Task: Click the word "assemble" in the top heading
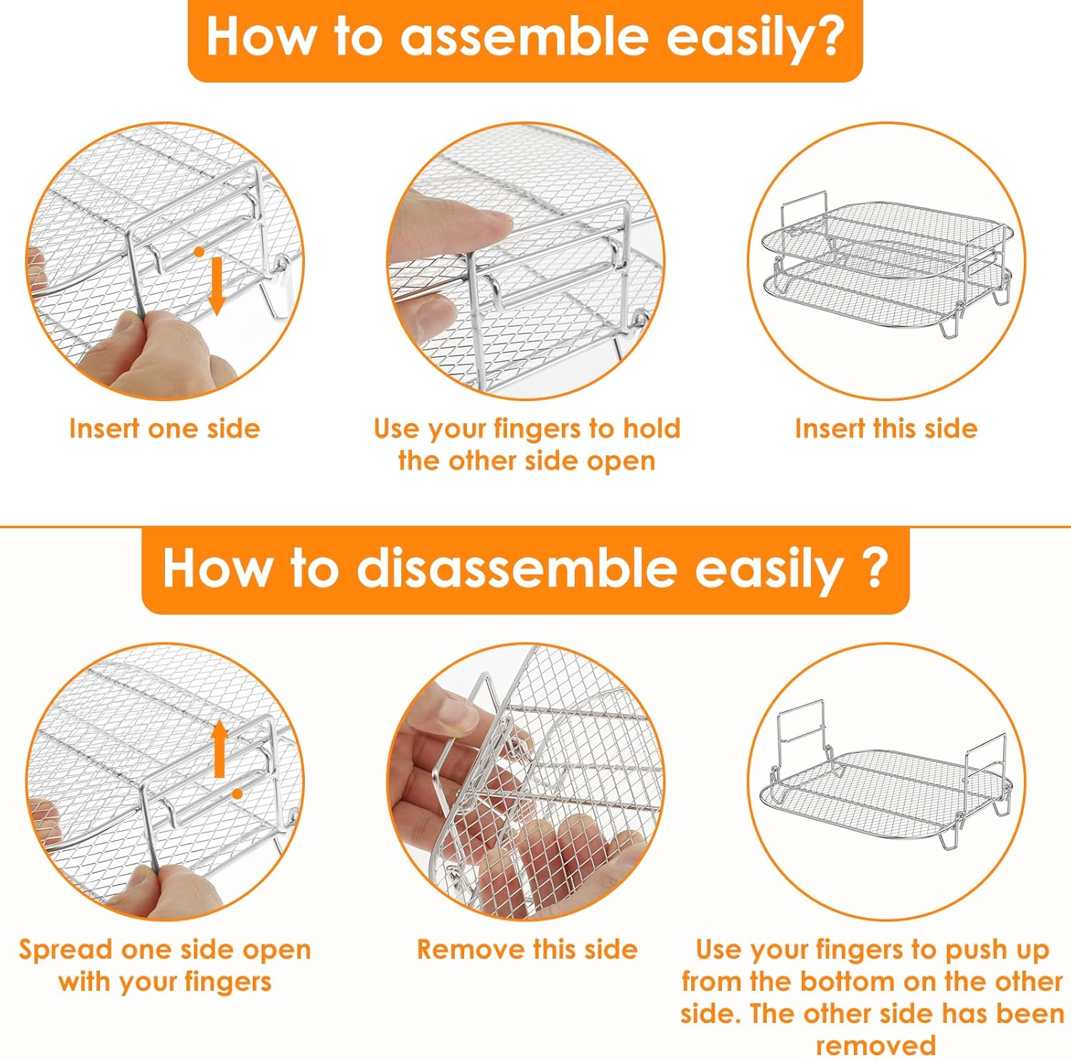click(526, 37)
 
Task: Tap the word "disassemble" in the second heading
click(516, 569)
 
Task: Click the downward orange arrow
click(216, 286)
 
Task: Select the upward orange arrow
click(220, 749)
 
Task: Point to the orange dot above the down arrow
click(200, 252)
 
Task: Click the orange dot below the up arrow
click(237, 794)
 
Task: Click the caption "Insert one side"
click(164, 428)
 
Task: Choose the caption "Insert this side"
click(886, 428)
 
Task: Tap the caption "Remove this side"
click(527, 949)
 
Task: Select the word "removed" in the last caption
click(875, 1046)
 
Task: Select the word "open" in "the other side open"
click(620, 463)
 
